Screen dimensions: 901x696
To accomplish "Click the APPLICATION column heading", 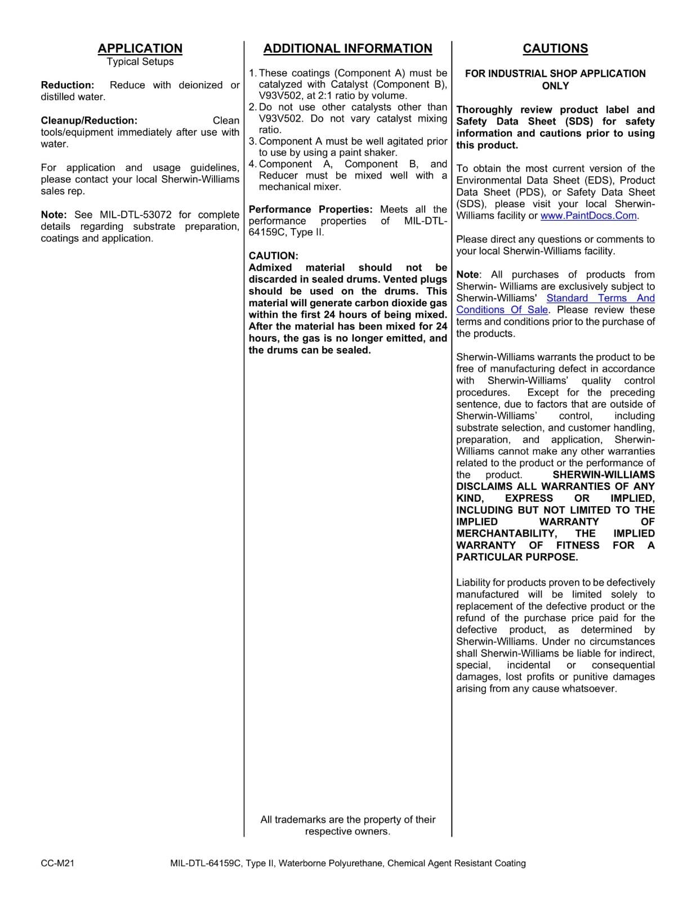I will tap(140, 48).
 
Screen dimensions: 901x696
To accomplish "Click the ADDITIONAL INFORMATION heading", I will tap(347, 48).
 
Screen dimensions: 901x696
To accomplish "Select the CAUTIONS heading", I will tap(555, 48).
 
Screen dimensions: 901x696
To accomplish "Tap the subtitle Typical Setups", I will tap(140, 61).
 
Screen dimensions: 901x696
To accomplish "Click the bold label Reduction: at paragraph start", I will tap(67, 85).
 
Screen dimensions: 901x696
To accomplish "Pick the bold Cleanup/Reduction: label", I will tap(89, 121).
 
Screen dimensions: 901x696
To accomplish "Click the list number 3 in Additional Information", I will tap(252, 141).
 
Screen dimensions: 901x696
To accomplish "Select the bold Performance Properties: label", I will tap(310, 209).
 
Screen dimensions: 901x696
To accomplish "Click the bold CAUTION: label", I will tap(274, 256).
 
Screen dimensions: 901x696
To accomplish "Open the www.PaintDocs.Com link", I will tap(588, 216).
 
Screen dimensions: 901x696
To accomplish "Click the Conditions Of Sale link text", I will tap(502, 310).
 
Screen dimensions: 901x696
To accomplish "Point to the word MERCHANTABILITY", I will tap(506, 533).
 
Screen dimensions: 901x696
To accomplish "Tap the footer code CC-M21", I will tap(57, 863).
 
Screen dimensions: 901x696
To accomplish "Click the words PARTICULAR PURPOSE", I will tap(517, 557).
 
